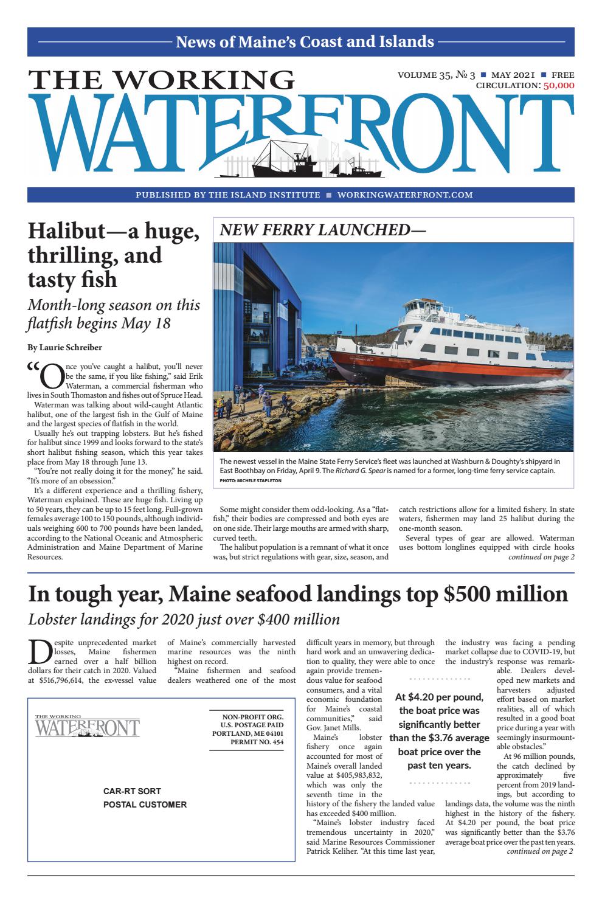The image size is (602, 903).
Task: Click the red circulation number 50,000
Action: [x=558, y=86]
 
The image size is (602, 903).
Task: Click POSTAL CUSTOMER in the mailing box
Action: [x=145, y=804]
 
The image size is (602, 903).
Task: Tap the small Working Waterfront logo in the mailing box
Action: [x=87, y=727]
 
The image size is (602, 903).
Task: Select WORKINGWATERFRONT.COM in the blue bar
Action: [x=404, y=195]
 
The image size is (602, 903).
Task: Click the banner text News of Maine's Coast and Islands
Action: [x=305, y=42]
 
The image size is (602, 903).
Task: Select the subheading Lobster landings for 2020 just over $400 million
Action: [x=184, y=620]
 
